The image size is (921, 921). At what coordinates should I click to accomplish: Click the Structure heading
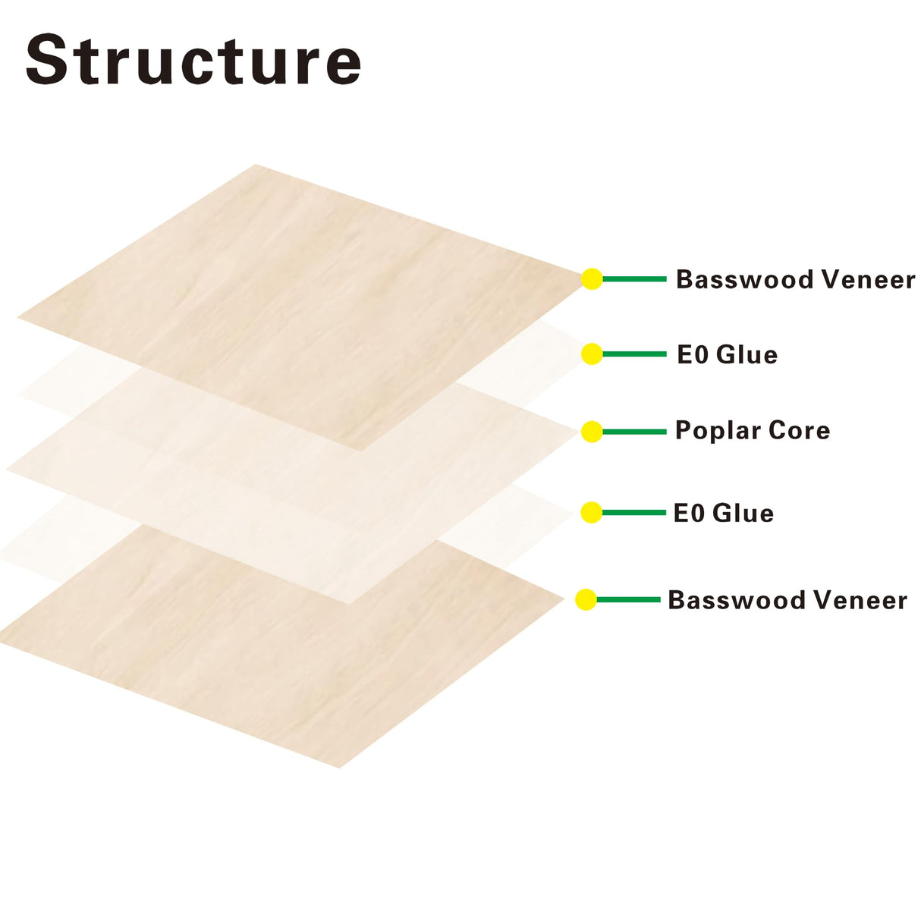[x=193, y=60]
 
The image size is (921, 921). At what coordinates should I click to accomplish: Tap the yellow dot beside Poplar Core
[x=592, y=432]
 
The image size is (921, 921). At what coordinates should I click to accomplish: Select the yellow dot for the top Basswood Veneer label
[x=592, y=279]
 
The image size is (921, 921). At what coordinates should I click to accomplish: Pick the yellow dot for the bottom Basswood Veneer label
[x=586, y=600]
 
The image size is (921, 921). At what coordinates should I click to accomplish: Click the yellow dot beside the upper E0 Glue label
[x=592, y=354]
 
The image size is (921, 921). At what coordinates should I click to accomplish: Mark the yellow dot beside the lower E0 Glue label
[x=592, y=513]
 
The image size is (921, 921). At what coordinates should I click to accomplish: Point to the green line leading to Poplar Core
[x=634, y=432]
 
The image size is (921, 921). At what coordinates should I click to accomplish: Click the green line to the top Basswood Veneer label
[x=634, y=279]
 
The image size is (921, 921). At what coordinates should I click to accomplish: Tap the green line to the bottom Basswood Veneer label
[x=628, y=600]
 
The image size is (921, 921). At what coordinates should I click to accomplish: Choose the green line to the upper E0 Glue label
[x=634, y=354]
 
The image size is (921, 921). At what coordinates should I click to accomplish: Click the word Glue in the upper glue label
[x=747, y=355]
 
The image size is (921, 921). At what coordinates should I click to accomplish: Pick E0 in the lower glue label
[x=689, y=514]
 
